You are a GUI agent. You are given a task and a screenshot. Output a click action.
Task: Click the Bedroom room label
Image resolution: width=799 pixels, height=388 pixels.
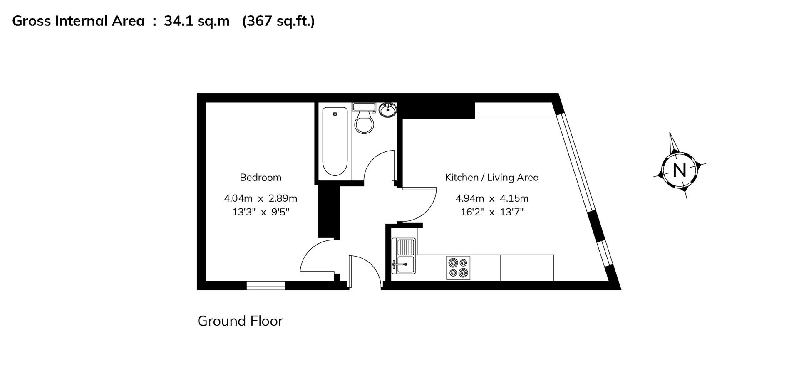coord(261,178)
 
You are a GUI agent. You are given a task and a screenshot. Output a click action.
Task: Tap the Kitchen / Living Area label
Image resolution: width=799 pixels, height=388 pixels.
coord(491,178)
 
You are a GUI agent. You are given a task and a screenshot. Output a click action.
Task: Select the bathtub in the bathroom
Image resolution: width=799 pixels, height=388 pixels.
coord(335,141)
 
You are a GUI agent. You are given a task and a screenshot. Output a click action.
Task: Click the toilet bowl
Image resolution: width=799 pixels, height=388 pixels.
coord(364,124)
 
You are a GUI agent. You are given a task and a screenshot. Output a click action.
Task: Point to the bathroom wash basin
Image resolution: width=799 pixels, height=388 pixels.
coord(388,110)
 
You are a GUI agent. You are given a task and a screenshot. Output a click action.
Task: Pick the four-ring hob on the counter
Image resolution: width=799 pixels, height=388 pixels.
coord(458,267)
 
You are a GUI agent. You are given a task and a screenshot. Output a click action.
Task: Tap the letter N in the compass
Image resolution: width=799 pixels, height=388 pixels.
coord(679,170)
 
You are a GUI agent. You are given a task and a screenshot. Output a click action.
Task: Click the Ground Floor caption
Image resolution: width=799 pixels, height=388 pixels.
coord(240,321)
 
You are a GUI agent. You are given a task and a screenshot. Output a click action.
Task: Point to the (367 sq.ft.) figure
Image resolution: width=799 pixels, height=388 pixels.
coord(278,21)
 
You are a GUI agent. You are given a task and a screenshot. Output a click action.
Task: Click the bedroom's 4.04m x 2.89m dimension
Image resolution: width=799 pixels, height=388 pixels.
coord(261,198)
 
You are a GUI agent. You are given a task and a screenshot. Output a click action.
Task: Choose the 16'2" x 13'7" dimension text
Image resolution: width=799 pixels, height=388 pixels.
coord(491,212)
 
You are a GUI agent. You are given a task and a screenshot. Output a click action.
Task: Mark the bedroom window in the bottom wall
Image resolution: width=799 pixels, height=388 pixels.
coord(266,285)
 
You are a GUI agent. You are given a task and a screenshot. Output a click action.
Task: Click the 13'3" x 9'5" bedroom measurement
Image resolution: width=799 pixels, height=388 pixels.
coord(261,212)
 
